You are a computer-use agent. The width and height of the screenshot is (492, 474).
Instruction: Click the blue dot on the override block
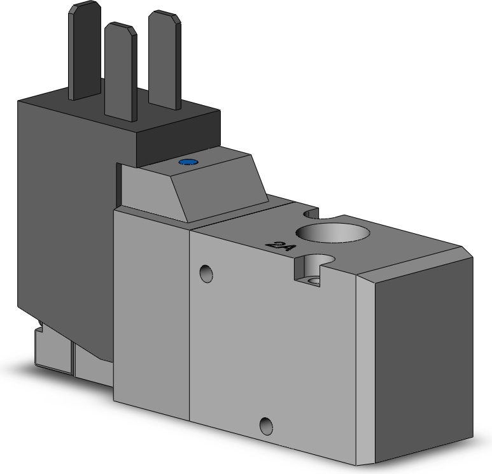click(186, 163)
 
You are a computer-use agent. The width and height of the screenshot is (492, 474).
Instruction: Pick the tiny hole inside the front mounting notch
click(313, 280)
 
